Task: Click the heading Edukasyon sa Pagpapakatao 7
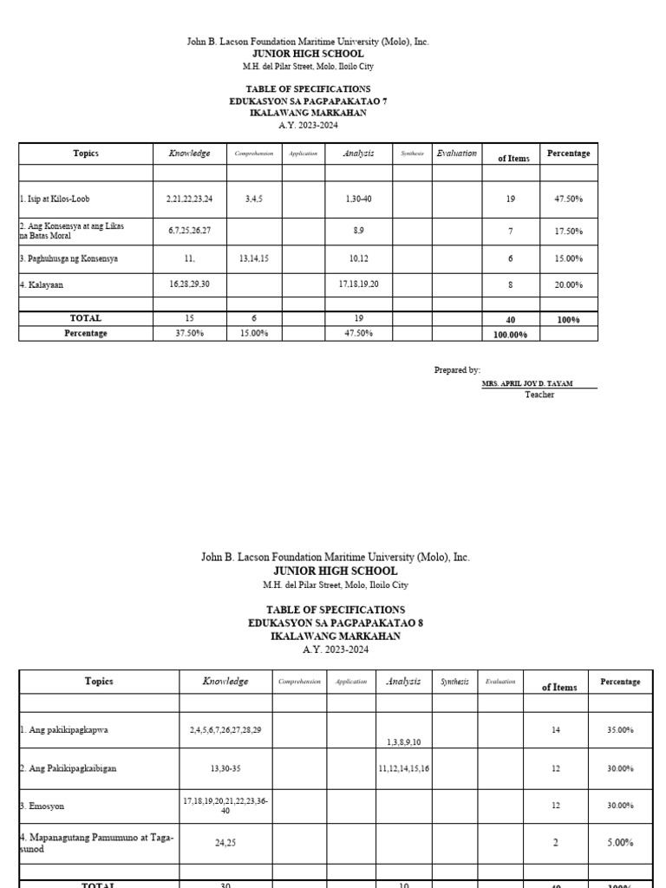(x=308, y=101)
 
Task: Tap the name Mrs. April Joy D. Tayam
(x=526, y=383)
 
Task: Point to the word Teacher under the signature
(x=539, y=395)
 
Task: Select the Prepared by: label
(x=457, y=369)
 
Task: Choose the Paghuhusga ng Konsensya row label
(x=69, y=258)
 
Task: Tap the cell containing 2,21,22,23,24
(x=189, y=199)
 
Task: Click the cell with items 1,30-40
(x=357, y=199)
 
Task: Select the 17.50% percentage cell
(x=568, y=232)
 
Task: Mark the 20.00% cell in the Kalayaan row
(x=568, y=284)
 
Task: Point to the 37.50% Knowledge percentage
(x=189, y=333)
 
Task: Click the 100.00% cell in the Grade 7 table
(x=510, y=334)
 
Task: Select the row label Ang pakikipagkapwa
(x=65, y=729)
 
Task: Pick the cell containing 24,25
(x=225, y=842)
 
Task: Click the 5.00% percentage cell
(x=619, y=842)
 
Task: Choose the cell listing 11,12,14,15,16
(x=403, y=768)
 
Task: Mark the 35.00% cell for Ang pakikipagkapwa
(x=619, y=730)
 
